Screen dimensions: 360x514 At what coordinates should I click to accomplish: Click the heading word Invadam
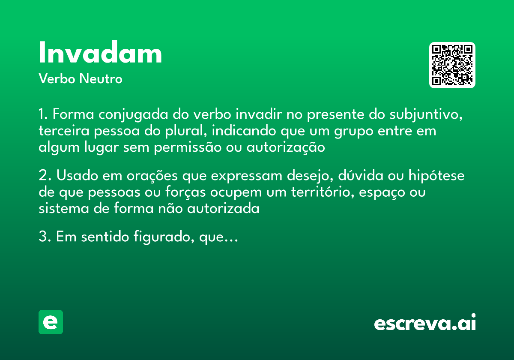(100, 54)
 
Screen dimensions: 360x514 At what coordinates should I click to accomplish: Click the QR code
(452, 65)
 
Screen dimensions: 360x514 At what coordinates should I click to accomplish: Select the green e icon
(51, 322)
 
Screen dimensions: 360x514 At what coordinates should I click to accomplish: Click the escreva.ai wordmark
(425, 323)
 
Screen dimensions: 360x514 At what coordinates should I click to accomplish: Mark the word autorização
(286, 147)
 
